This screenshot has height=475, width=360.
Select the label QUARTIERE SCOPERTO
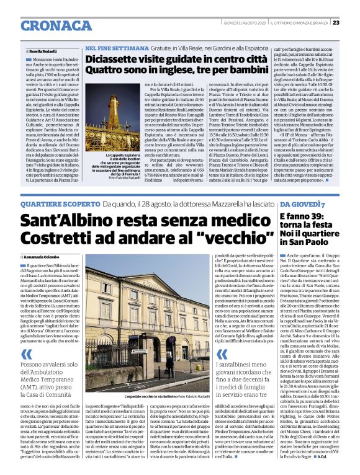pos(60,204)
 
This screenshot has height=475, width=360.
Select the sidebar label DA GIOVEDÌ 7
pos(302,204)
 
